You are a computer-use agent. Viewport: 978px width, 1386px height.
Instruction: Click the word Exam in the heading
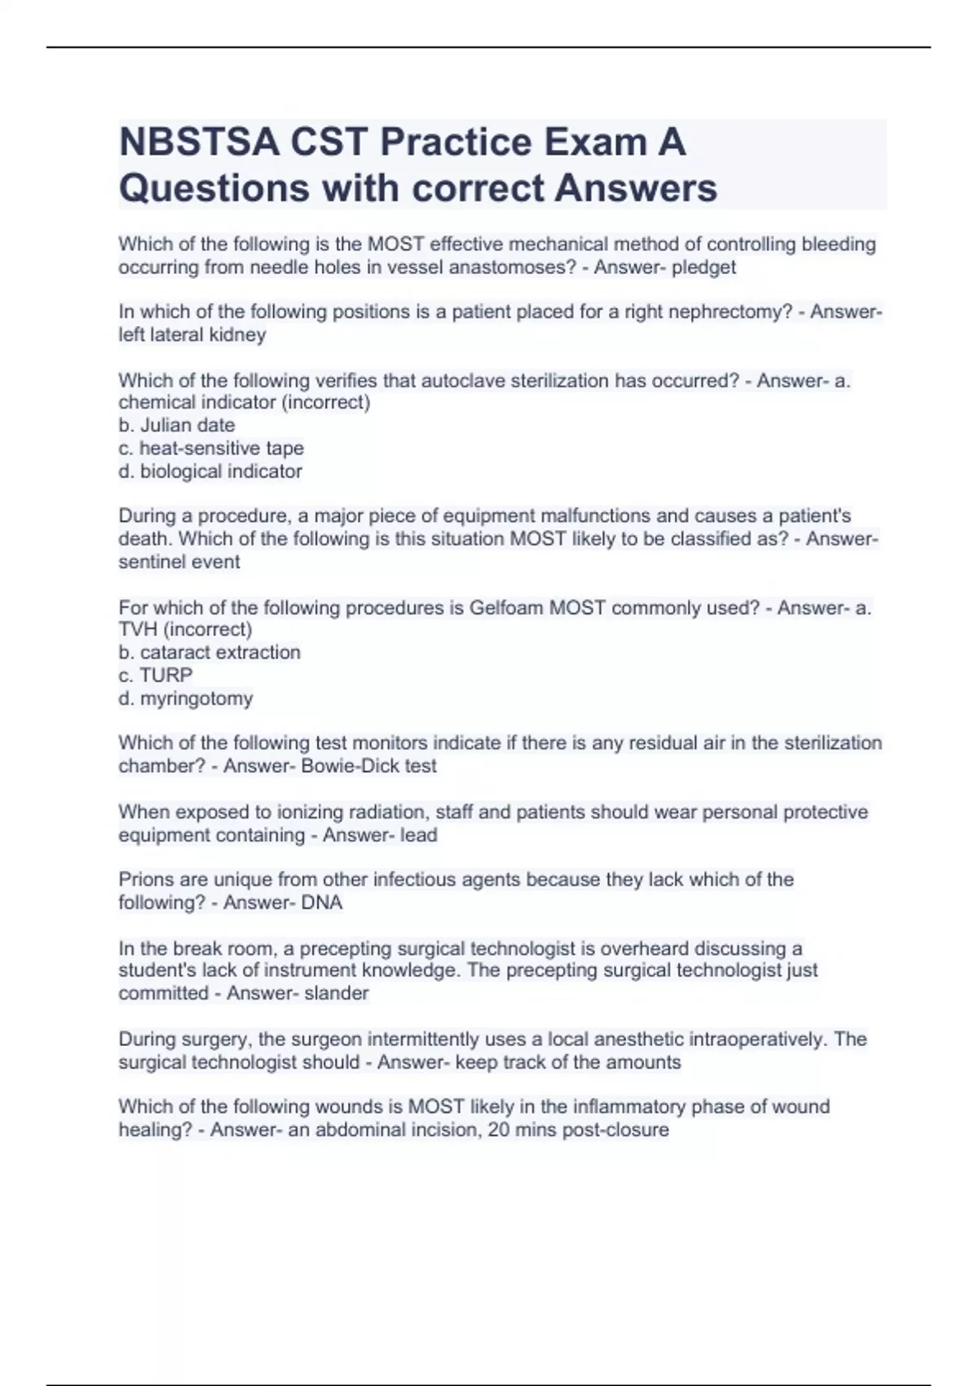tap(593, 143)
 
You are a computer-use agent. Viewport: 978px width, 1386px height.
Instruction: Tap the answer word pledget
tap(703, 267)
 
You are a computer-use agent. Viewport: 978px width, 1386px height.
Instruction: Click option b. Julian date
tap(177, 426)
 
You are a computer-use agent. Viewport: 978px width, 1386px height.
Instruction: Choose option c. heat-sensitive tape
tap(211, 448)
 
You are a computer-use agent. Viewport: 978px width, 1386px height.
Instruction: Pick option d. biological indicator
tap(210, 471)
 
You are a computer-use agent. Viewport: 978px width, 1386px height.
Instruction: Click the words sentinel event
tap(179, 562)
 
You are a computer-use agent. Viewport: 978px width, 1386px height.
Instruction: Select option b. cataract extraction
tap(209, 652)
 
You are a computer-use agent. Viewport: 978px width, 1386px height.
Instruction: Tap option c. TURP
tap(156, 675)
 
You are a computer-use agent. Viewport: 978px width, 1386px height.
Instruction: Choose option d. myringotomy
tap(186, 699)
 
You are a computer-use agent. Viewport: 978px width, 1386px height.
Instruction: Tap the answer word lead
tap(419, 835)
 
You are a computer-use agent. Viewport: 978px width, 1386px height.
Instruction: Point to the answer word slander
tap(337, 993)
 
